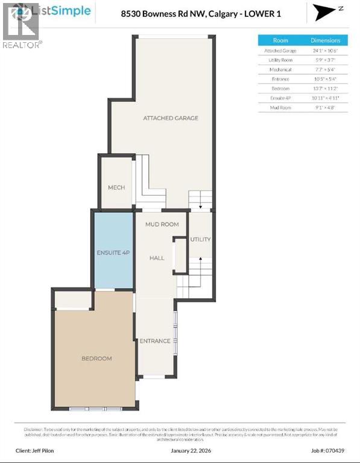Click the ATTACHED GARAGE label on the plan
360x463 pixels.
coord(171,118)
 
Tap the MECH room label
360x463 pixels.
coord(116,187)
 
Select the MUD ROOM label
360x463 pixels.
coord(162,224)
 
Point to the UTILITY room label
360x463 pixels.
coord(200,239)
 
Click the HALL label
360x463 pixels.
coord(157,258)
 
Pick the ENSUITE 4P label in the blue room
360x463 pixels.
coord(113,253)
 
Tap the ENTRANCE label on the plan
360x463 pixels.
coord(155,341)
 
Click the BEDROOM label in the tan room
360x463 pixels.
coord(96,359)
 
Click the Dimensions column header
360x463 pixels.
coord(326,40)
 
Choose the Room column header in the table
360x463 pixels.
coord(280,40)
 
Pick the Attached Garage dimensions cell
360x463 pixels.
coord(326,51)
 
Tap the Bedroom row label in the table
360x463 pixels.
coord(280,88)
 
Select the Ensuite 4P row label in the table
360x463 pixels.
coord(280,98)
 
